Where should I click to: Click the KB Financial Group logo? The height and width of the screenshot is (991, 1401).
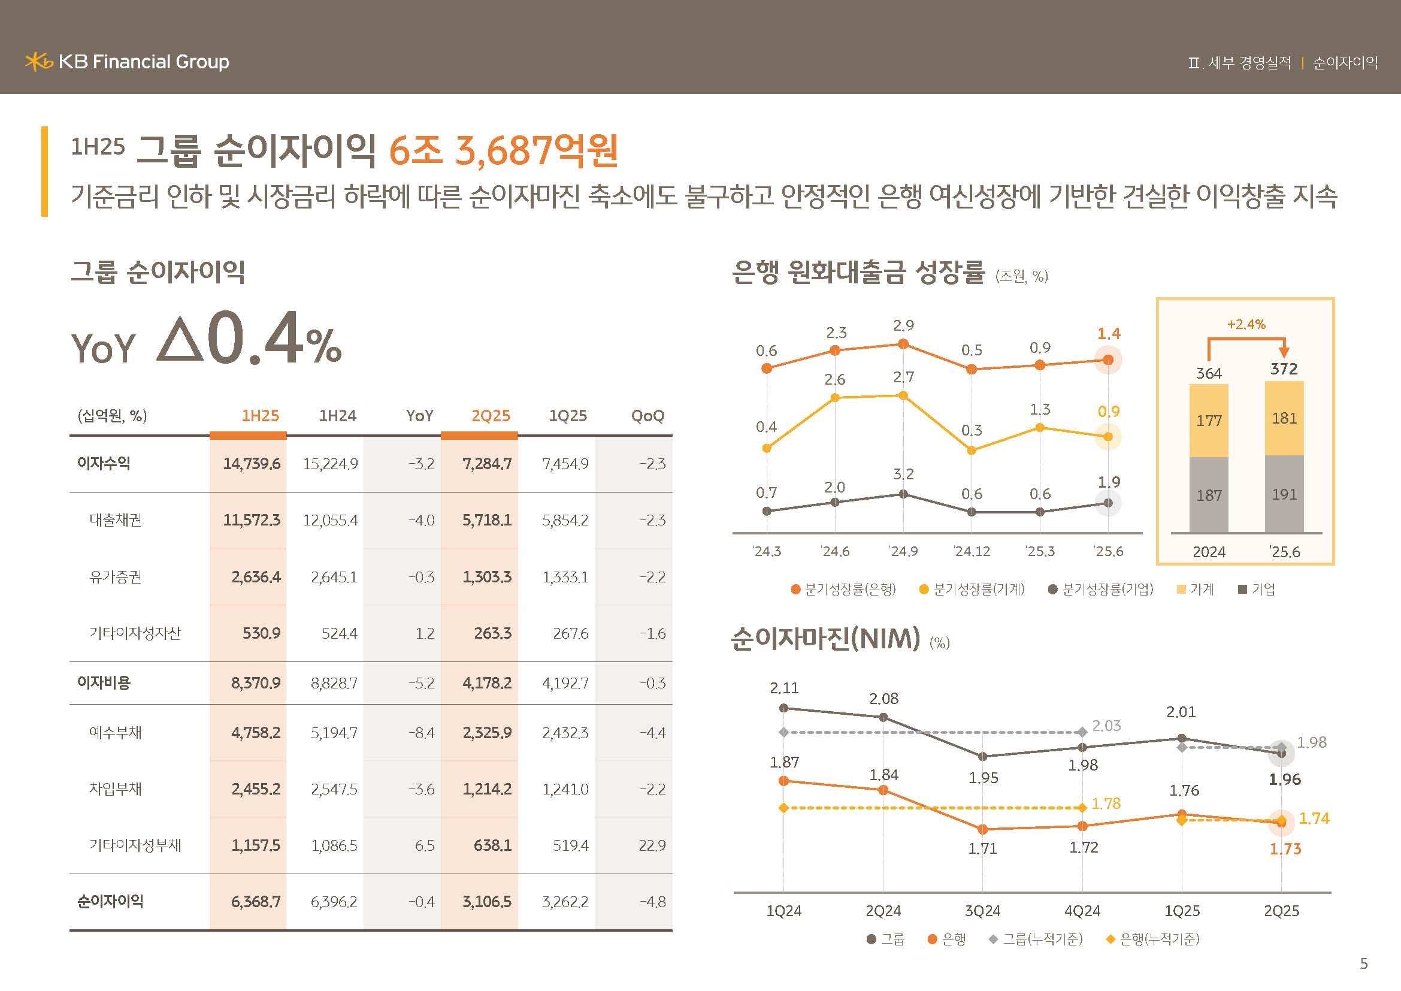[127, 62]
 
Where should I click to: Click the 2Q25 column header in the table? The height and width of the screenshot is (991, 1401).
[490, 416]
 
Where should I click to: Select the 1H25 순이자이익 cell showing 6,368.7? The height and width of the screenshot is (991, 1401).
[255, 902]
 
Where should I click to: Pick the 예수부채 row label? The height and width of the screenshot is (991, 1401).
[116, 732]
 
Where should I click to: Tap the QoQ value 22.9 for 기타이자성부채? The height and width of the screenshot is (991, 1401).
[652, 846]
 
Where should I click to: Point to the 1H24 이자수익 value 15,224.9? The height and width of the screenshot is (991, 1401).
[330, 464]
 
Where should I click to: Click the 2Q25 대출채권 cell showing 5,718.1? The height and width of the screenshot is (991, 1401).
[486, 521]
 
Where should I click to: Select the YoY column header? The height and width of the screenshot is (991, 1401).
[419, 416]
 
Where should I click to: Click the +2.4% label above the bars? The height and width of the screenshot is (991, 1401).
[1246, 325]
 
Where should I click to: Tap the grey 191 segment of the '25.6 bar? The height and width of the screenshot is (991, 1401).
[1284, 494]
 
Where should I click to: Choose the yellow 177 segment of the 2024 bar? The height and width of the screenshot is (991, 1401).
[1209, 421]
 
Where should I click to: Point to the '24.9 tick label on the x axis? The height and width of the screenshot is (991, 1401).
[903, 552]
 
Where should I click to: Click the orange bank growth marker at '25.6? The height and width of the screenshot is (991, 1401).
[1108, 360]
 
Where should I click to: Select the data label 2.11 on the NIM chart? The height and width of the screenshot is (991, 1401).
[784, 688]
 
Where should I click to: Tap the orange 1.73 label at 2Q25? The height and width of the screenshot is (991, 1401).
[1285, 849]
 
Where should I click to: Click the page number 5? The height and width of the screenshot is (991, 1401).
[1364, 963]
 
